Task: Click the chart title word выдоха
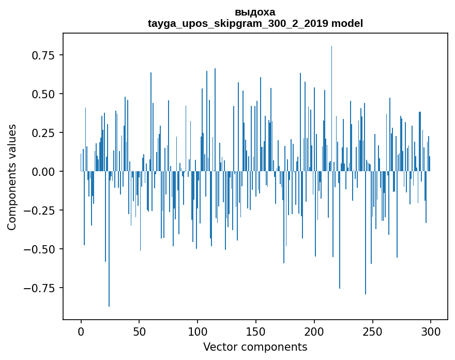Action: [x=255, y=12]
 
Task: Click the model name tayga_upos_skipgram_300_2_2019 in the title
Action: [x=238, y=23]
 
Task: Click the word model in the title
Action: [x=347, y=23]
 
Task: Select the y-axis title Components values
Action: [x=11, y=177]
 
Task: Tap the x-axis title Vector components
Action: [x=255, y=347]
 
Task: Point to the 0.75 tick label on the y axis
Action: [x=43, y=55]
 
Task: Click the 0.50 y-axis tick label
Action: [x=43, y=94]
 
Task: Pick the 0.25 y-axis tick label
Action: [x=43, y=133]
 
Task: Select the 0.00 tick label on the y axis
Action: [x=43, y=172]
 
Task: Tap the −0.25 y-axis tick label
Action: [x=39, y=211]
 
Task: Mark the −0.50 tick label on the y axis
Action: [x=39, y=249]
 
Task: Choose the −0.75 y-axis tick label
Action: [x=39, y=288]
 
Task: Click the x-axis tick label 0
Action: [x=81, y=332]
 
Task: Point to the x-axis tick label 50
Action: [x=139, y=332]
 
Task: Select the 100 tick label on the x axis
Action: [x=198, y=332]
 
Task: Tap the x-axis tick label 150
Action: [x=255, y=332]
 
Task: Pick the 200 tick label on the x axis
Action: [x=314, y=332]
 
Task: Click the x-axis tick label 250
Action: [x=372, y=332]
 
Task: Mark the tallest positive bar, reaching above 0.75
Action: [x=331, y=109]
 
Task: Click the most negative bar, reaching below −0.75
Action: [x=109, y=238]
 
